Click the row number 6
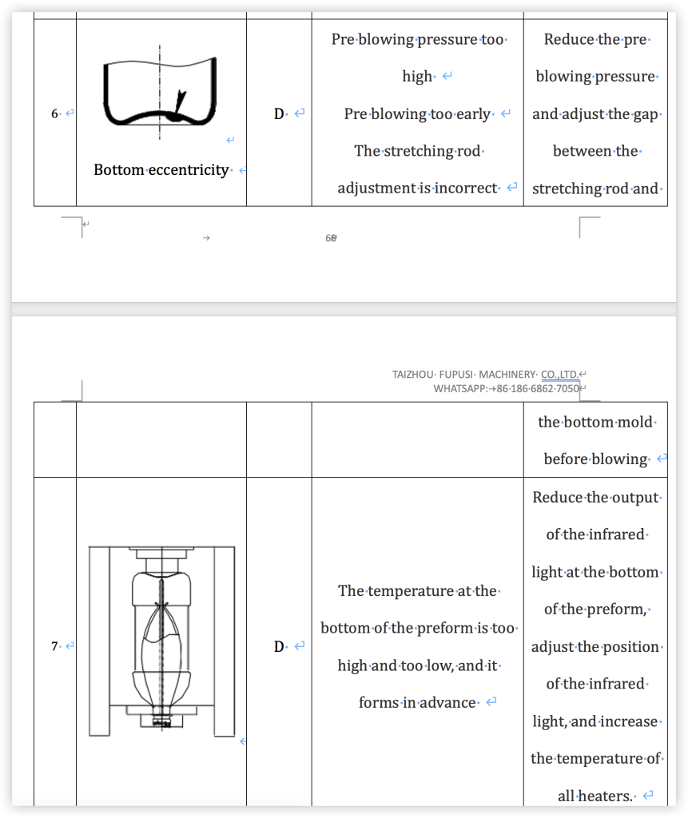point(54,114)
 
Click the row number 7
point(54,646)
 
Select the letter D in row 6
point(279,114)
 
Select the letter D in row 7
point(279,646)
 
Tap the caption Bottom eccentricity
point(161,170)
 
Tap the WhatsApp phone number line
point(506,388)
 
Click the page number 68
point(330,238)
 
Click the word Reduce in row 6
point(569,39)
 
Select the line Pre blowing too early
point(417,114)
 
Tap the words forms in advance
point(418,703)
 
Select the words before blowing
point(595,459)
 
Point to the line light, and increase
point(595,721)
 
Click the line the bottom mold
point(595,422)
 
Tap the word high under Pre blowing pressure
point(417,77)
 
